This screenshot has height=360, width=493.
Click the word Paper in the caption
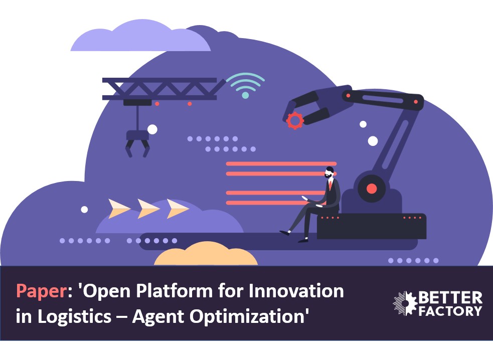point(41,291)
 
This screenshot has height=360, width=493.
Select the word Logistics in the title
point(75,316)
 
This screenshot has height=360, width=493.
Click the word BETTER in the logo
point(450,298)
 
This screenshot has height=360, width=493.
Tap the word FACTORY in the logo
point(450,311)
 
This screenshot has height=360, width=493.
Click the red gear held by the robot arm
point(295,120)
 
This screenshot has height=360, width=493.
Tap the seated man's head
point(329,172)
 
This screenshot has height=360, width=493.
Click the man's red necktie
point(330,185)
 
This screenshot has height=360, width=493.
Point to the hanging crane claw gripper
point(137,143)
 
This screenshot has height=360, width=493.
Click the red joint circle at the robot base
point(372,189)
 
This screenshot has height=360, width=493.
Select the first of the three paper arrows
point(119,209)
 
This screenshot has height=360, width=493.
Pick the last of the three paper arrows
point(178,209)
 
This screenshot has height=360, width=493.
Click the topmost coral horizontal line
point(281,164)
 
